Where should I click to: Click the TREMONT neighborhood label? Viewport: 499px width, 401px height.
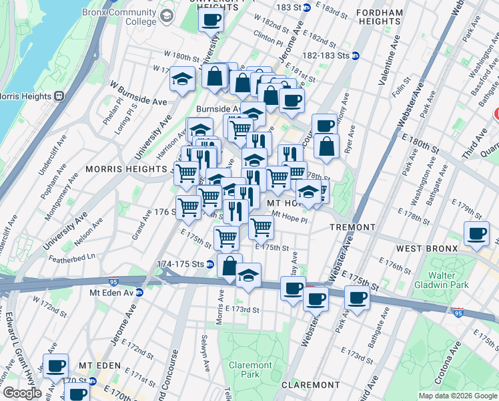[353, 227]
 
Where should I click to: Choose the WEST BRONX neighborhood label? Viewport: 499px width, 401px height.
[427, 249]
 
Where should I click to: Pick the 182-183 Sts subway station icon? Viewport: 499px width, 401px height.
[356, 55]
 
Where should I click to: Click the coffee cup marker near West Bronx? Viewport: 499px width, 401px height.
[476, 234]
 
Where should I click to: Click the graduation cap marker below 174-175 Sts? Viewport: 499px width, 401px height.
[248, 275]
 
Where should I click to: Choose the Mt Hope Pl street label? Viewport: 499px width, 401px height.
[290, 217]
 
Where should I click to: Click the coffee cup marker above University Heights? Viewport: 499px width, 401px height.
[211, 21]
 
